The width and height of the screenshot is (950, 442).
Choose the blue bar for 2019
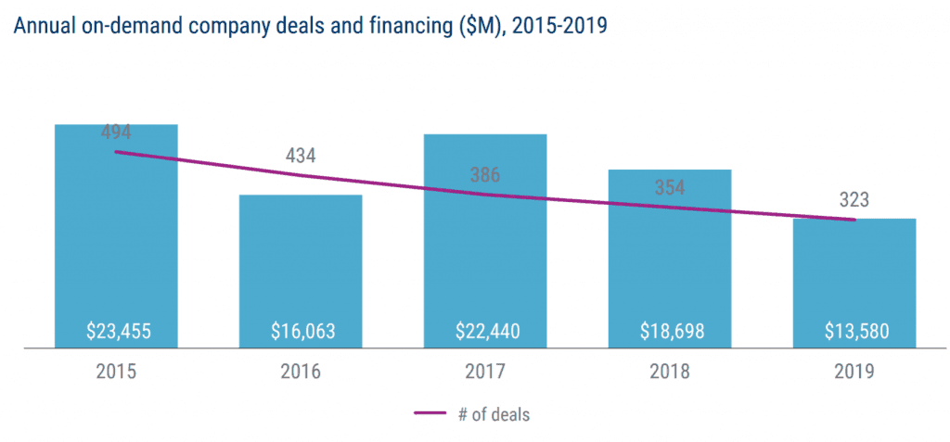(x=854, y=278)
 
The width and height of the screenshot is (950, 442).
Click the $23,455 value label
(x=116, y=331)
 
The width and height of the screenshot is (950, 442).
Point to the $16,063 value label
(x=301, y=331)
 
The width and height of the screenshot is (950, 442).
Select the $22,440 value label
(x=485, y=331)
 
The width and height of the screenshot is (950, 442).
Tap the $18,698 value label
(x=670, y=331)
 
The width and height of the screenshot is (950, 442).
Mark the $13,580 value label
(x=854, y=331)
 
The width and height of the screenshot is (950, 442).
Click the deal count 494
(x=116, y=133)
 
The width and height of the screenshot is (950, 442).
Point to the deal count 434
(x=301, y=154)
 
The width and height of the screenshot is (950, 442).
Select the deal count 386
(x=485, y=172)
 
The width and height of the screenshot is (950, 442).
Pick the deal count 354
(x=670, y=187)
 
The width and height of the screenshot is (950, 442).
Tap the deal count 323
(x=854, y=199)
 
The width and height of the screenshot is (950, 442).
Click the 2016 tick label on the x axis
(x=301, y=373)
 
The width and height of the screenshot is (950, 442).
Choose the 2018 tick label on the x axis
(x=670, y=373)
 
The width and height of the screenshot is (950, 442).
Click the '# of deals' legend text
(x=494, y=415)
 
